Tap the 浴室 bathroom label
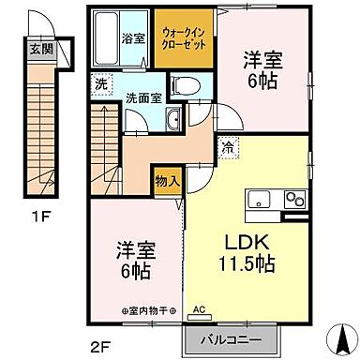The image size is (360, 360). click(x=133, y=38)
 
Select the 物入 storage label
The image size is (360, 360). click(x=168, y=179)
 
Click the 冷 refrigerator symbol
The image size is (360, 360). click(x=229, y=146)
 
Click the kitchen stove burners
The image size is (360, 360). click(x=295, y=199)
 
